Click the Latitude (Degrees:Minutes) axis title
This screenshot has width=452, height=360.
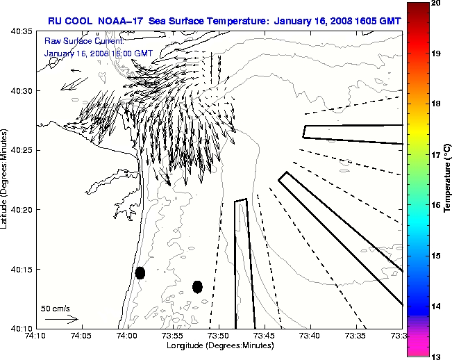click(x=6, y=179)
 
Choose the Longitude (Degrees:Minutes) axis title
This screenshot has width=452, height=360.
click(x=219, y=345)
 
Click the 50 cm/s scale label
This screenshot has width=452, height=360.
click(x=56, y=308)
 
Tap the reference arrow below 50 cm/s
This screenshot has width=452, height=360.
click(x=62, y=319)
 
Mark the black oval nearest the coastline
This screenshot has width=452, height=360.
click(x=140, y=272)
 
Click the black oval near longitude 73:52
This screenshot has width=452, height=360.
click(x=197, y=286)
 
